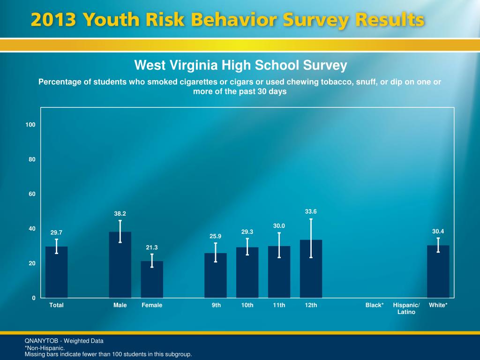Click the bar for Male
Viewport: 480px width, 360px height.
[120, 265]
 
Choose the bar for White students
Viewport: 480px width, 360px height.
[438, 271]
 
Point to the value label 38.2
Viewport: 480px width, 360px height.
[120, 214]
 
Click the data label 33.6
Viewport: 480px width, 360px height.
[311, 211]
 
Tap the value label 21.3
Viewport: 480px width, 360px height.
[152, 247]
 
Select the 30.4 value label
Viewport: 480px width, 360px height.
[438, 231]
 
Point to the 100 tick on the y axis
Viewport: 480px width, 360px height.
[30, 125]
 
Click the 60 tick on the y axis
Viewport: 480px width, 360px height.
[32, 194]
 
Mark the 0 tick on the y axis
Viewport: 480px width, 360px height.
[33, 298]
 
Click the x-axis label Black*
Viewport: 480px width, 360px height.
[375, 305]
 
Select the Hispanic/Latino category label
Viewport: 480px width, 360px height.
[406, 308]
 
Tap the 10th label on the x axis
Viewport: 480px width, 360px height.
[247, 305]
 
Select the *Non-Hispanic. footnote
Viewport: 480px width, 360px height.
[45, 348]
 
